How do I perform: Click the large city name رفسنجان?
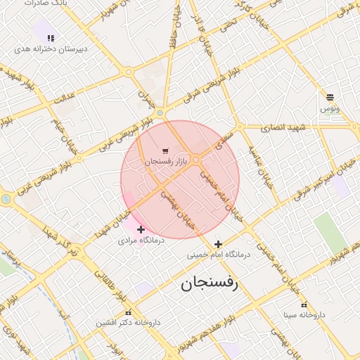pyautogui.click(x=209, y=284)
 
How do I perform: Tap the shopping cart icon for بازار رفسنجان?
pyautogui.click(x=165, y=150)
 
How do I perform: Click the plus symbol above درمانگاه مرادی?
pyautogui.click(x=141, y=229)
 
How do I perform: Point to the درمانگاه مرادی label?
pyautogui.click(x=141, y=240)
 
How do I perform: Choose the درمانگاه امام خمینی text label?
pyautogui.click(x=218, y=255)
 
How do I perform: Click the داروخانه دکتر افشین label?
pyautogui.click(x=128, y=323)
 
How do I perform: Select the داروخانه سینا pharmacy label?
pyautogui.click(x=304, y=314)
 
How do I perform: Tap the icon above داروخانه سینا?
pyautogui.click(x=304, y=304)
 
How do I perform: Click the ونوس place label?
pyautogui.click(x=330, y=108)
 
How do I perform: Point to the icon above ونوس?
pyautogui.click(x=330, y=97)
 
